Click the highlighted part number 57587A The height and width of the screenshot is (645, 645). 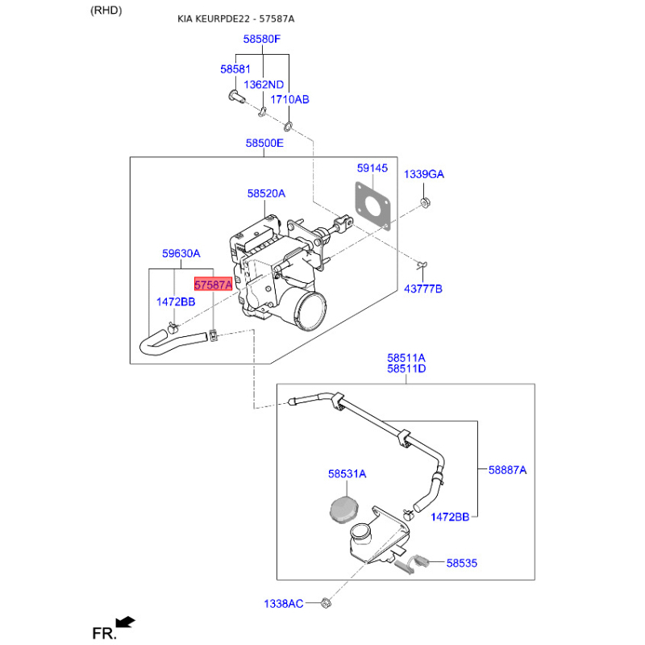(x=213, y=285)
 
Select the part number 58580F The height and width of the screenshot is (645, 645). (x=261, y=39)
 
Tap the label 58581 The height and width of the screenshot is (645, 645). (x=235, y=69)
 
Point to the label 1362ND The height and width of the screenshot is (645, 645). (x=264, y=85)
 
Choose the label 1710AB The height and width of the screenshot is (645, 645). (x=289, y=99)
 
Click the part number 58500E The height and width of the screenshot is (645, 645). (x=264, y=144)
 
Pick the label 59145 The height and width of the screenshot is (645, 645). (x=372, y=169)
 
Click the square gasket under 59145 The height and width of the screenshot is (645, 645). (x=372, y=206)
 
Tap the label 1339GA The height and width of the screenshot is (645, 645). (x=424, y=174)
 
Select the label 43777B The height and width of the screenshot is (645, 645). (x=422, y=289)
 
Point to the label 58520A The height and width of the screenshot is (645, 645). (x=266, y=193)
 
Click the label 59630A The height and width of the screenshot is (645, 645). (x=181, y=253)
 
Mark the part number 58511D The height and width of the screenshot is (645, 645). (x=406, y=369)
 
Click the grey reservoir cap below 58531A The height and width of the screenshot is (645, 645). (x=344, y=510)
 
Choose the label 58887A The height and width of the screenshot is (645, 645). (x=507, y=470)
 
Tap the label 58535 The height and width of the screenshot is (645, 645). (x=461, y=563)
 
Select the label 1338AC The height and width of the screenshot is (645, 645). (x=284, y=604)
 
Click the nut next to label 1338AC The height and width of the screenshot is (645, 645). (x=326, y=603)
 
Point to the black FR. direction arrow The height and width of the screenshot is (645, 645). (x=125, y=622)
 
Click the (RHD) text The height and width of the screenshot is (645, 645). (x=106, y=10)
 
